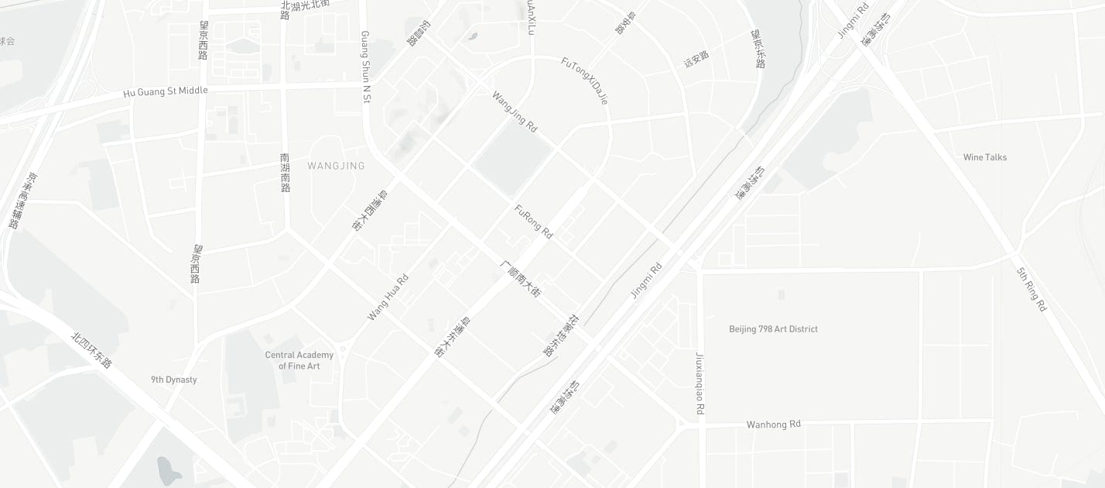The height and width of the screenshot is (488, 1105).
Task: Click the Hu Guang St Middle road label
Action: point(166,91)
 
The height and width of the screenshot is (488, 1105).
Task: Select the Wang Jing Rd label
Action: point(515,112)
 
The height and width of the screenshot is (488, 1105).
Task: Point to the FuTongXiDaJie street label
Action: point(585,81)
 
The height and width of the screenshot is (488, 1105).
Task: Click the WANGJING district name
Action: point(336,166)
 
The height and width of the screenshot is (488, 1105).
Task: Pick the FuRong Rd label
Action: point(534,222)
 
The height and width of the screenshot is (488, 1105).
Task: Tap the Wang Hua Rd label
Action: point(388,297)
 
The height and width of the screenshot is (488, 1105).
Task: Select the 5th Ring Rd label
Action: point(1031,289)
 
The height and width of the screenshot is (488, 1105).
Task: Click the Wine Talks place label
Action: point(985,157)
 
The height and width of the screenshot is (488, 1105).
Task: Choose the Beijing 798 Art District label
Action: point(773,329)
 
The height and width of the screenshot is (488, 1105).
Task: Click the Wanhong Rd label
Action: point(773,424)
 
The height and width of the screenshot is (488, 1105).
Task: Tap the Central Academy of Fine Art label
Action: point(299,360)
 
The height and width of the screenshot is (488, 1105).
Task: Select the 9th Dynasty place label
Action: point(174,380)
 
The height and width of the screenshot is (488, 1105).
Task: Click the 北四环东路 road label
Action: point(92,349)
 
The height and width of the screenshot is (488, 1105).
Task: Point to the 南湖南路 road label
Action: point(286,172)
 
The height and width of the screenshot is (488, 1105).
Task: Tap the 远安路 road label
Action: point(696,59)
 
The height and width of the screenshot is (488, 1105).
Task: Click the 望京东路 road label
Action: point(758,49)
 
